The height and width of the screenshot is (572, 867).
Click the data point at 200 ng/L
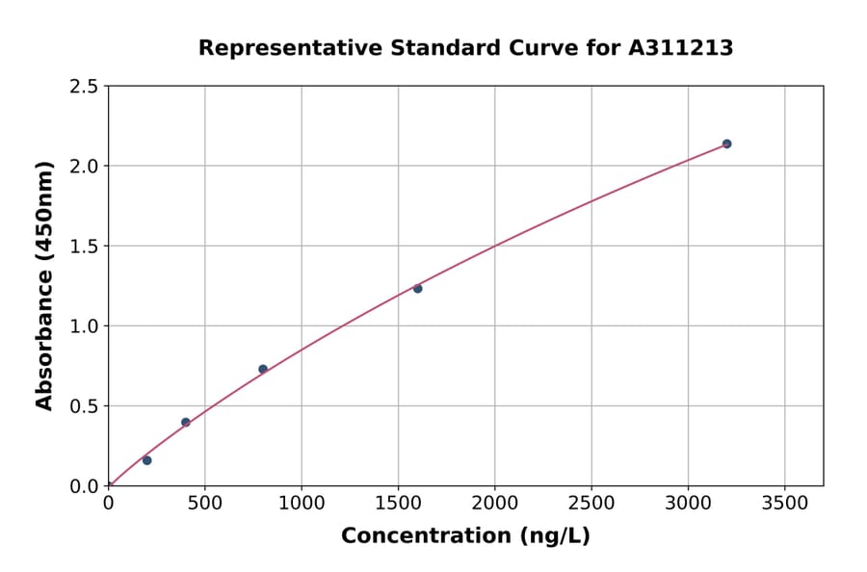tap(146, 460)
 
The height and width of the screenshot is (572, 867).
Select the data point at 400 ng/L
tap(186, 423)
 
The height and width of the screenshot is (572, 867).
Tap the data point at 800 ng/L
tap(263, 369)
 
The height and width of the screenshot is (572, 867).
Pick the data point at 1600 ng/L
tap(418, 289)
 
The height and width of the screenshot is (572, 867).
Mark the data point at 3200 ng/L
tap(726, 143)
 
